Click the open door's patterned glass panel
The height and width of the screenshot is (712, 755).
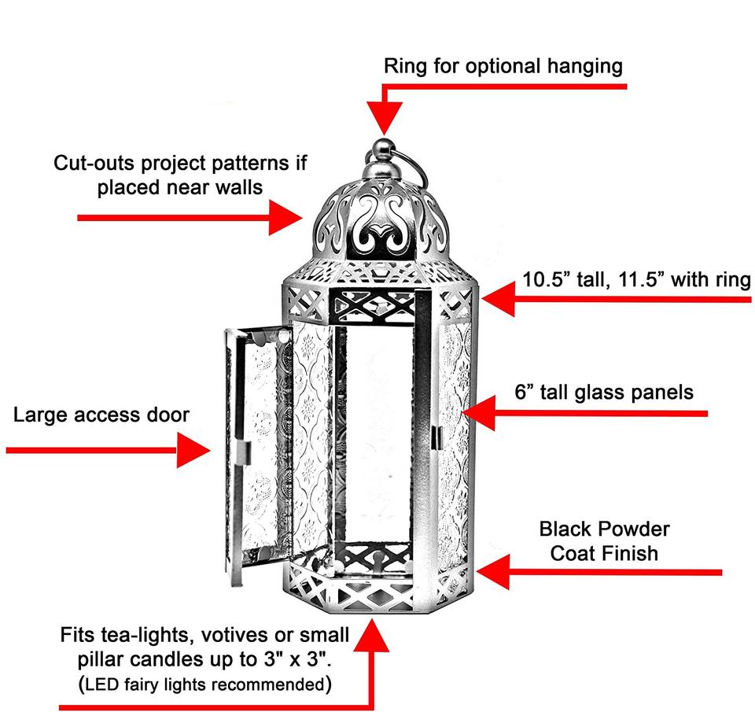click(x=256, y=441)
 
